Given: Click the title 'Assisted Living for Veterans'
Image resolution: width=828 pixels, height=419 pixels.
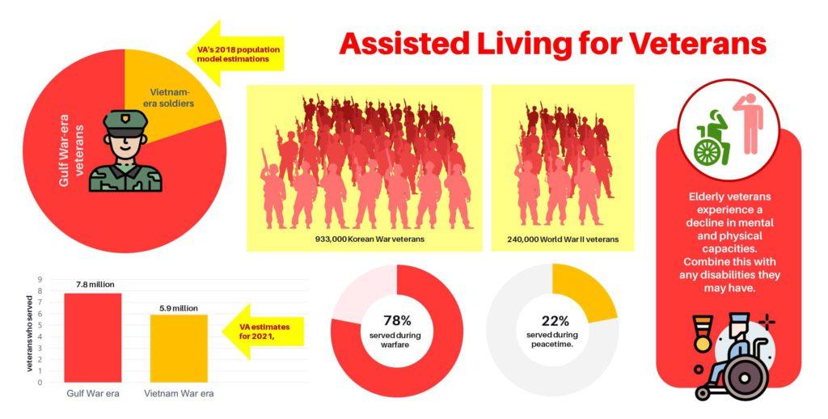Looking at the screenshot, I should click(552, 42).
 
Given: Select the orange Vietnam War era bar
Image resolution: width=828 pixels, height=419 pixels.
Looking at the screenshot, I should click(179, 348).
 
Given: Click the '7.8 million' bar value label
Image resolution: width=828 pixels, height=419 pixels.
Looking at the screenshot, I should click(95, 284).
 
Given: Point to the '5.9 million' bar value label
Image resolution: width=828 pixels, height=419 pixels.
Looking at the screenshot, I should click(179, 307).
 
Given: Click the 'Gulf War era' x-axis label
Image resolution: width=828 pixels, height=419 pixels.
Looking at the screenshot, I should click(93, 393).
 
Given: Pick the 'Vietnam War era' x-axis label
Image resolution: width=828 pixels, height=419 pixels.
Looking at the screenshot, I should click(179, 393).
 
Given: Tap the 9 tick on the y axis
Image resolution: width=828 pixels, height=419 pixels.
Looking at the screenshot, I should click(40, 280).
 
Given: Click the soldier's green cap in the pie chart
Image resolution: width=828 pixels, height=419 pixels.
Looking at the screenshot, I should click(125, 124).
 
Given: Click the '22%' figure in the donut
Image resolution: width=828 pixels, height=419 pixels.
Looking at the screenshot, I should click(553, 320).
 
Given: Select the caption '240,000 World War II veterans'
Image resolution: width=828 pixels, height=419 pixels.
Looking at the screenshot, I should click(563, 240).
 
